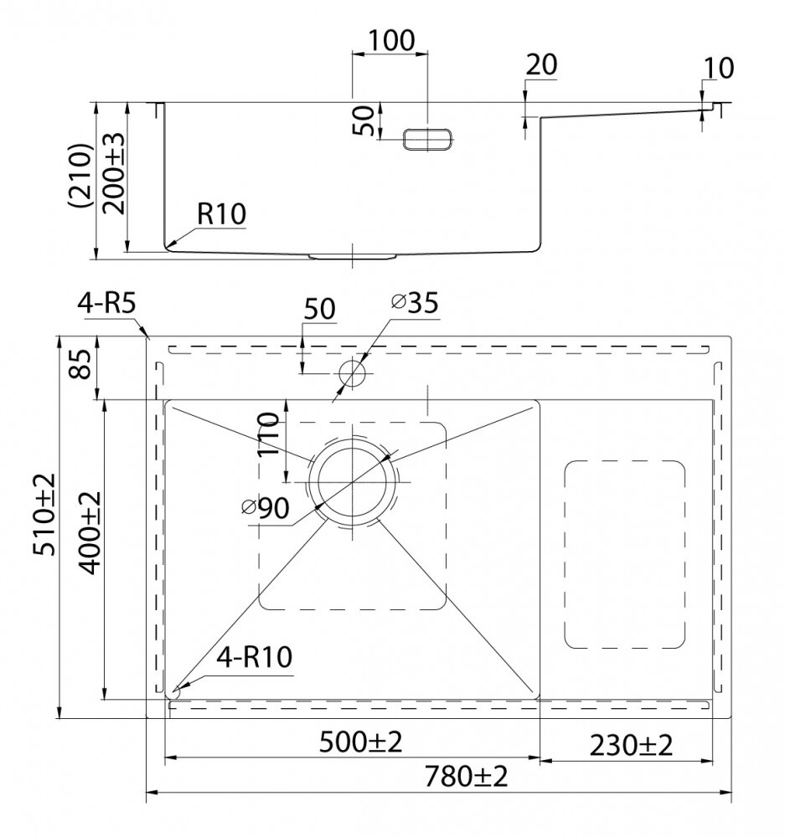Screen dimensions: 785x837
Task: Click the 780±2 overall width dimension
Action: click(x=466, y=776)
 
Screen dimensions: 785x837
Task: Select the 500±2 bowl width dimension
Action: click(x=361, y=742)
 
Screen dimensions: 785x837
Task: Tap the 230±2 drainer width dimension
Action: click(x=631, y=745)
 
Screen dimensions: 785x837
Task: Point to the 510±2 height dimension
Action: click(x=44, y=514)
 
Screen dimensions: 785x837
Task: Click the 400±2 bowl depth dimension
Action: click(x=90, y=533)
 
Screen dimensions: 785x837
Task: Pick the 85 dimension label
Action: click(x=82, y=364)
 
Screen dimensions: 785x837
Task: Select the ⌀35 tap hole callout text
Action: click(x=415, y=303)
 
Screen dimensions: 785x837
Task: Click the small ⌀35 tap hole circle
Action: click(x=352, y=372)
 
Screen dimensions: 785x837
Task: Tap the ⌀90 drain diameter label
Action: click(x=266, y=508)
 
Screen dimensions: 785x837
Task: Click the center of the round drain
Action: click(x=352, y=482)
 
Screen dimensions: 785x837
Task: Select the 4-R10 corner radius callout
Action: click(x=255, y=656)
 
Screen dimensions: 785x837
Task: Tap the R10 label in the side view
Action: click(x=221, y=213)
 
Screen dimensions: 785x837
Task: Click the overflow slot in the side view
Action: click(x=427, y=139)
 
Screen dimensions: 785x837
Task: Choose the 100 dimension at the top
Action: click(x=392, y=40)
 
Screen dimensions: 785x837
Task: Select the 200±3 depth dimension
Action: click(x=113, y=173)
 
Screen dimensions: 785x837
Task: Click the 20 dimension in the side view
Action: click(x=541, y=64)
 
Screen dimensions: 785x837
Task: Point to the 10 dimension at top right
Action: click(x=719, y=68)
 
